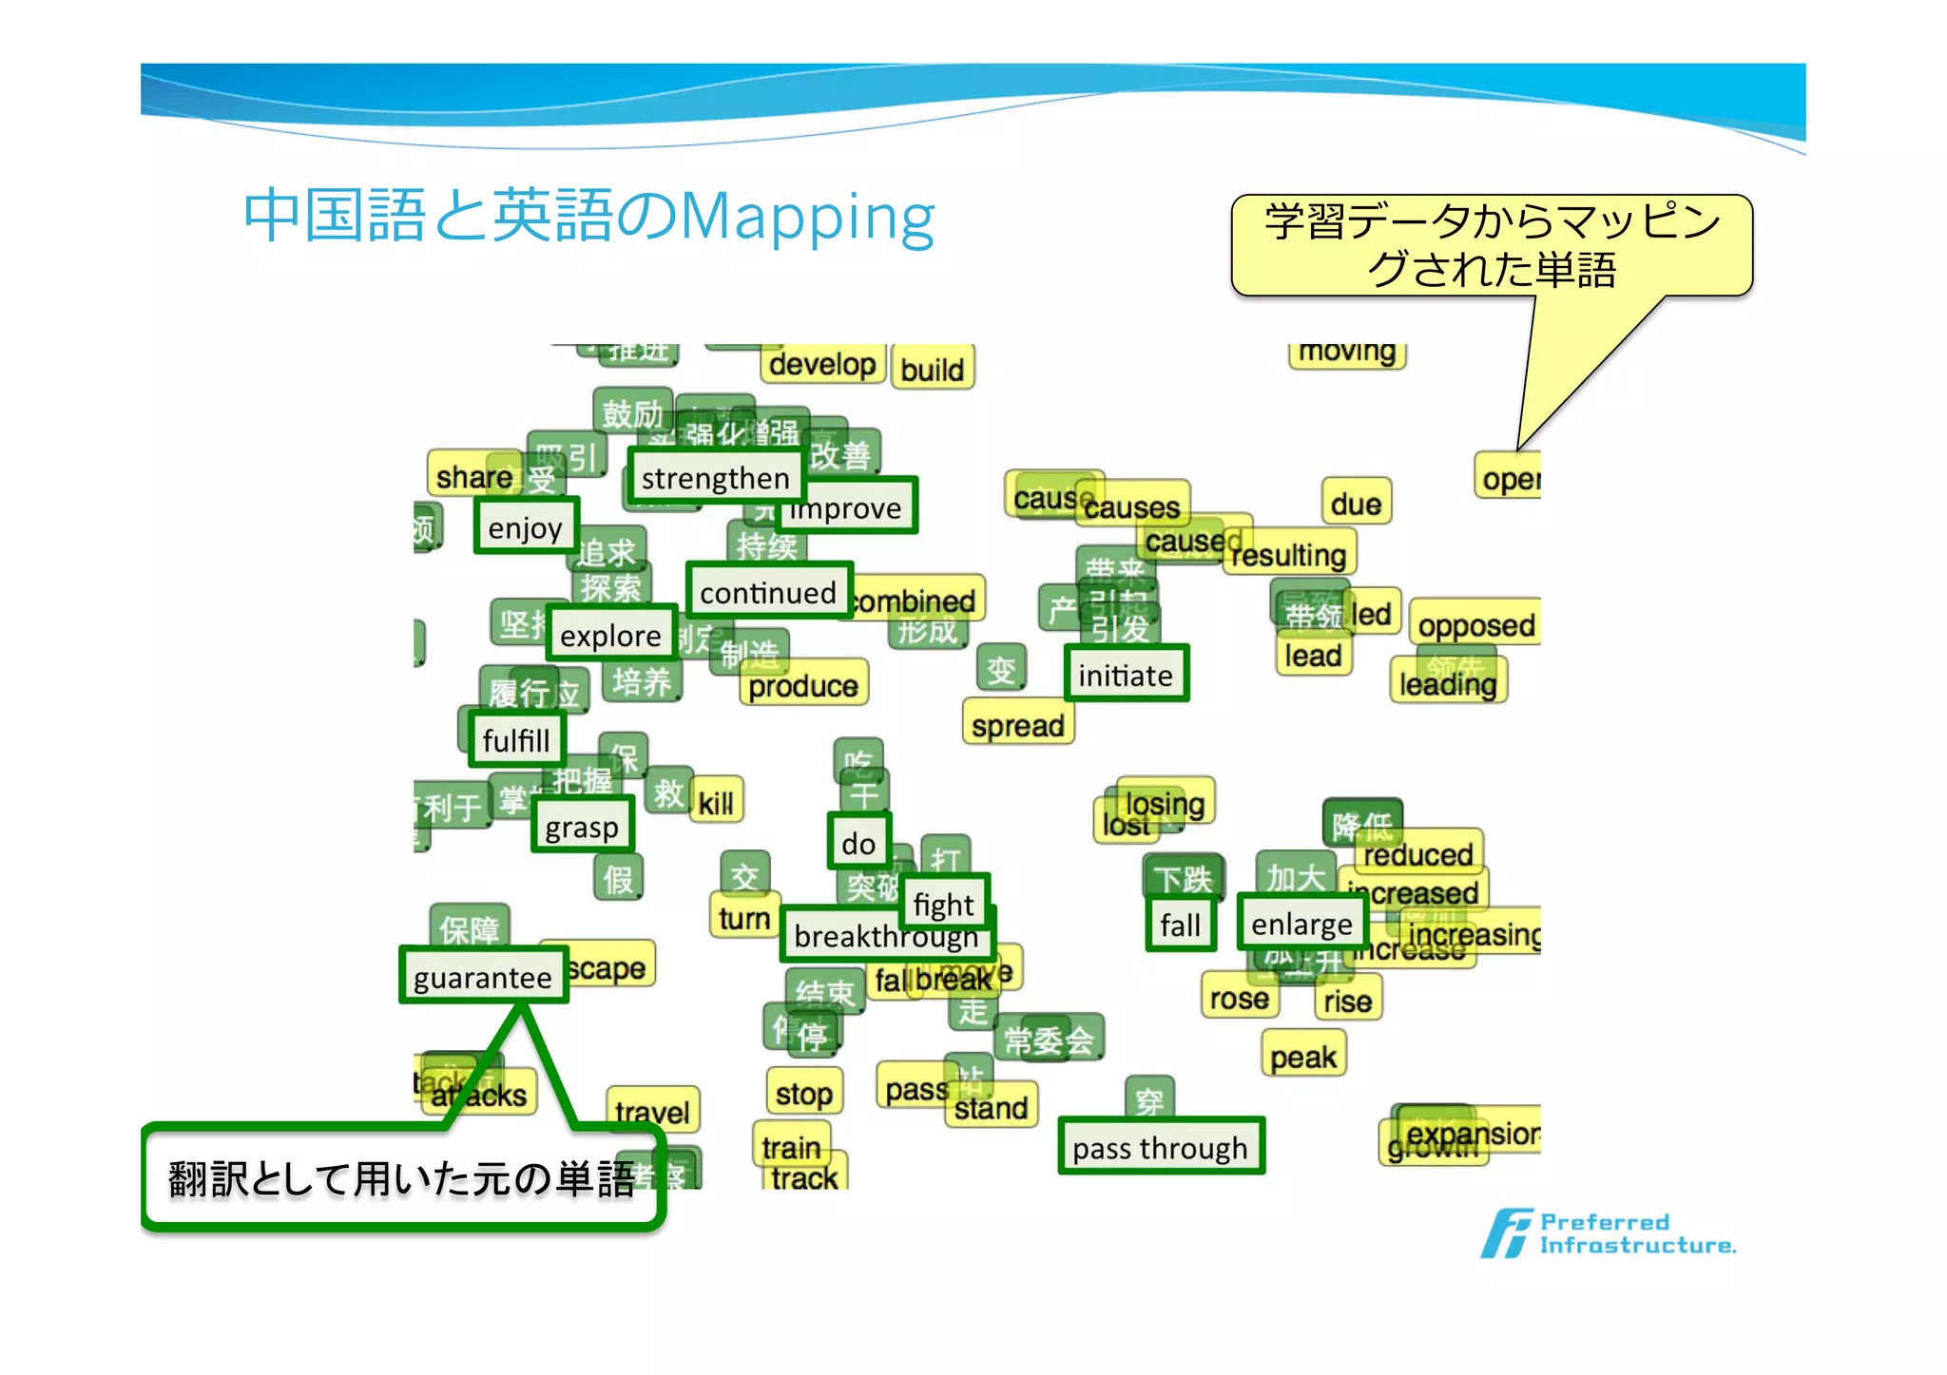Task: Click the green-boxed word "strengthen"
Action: [x=715, y=478]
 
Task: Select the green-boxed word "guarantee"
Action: [x=483, y=976]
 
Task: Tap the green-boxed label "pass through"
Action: [x=1160, y=1148]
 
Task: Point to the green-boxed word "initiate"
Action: [x=1126, y=675]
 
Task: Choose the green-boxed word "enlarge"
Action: [x=1301, y=924]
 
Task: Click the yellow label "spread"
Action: [x=1017, y=725]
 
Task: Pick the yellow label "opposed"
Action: [x=1475, y=625]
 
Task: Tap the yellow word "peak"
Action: [x=1302, y=1057]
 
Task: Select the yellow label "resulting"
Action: [x=1289, y=554]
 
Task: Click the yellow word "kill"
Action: [x=716, y=803]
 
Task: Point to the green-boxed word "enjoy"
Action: [x=526, y=526]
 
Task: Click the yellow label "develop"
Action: [x=822, y=364]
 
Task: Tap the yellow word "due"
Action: [x=1356, y=503]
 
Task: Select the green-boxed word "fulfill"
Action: [x=516, y=739]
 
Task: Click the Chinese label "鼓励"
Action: [x=632, y=413]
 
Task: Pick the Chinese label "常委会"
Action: [x=1049, y=1040]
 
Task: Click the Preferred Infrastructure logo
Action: [x=1607, y=1232]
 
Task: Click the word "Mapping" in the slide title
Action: [x=808, y=217]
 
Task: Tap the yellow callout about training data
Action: [x=1491, y=245]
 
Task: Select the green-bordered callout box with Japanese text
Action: [x=402, y=1178]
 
